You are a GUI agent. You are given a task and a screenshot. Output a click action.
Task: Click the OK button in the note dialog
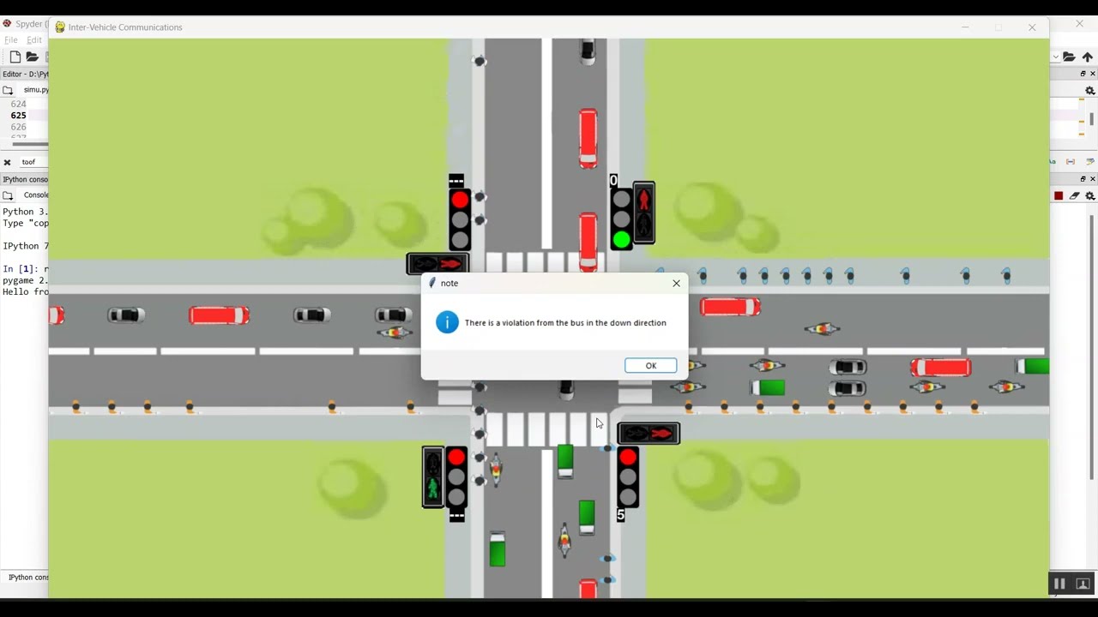click(650, 366)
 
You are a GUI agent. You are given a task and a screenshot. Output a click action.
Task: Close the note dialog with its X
click(676, 283)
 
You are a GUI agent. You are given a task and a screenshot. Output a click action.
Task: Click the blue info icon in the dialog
click(447, 322)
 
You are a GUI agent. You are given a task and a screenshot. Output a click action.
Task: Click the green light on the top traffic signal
click(621, 239)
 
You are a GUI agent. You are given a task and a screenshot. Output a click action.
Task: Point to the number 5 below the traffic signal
click(620, 515)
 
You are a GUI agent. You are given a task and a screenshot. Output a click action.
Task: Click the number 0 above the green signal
click(613, 181)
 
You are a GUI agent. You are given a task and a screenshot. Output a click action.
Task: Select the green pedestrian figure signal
click(433, 488)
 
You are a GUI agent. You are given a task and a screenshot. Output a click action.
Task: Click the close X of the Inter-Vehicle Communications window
click(1032, 27)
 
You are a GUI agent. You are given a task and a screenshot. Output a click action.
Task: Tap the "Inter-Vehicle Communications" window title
click(125, 27)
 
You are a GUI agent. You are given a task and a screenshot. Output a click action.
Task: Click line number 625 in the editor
click(18, 115)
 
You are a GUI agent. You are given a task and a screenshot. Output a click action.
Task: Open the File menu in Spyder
click(11, 40)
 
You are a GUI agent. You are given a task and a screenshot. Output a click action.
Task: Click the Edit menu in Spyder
click(34, 40)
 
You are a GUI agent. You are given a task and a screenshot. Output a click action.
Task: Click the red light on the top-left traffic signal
click(460, 201)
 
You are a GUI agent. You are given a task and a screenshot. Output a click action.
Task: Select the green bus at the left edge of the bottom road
click(497, 549)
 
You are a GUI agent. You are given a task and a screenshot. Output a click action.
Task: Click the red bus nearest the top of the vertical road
click(588, 136)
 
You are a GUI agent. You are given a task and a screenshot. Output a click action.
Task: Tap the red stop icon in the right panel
click(1059, 196)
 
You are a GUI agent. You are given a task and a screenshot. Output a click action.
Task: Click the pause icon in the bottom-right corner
click(1059, 584)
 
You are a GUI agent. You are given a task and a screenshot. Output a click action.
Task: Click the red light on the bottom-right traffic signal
click(628, 458)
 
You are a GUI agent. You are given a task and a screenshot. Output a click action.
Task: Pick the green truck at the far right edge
click(1035, 367)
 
